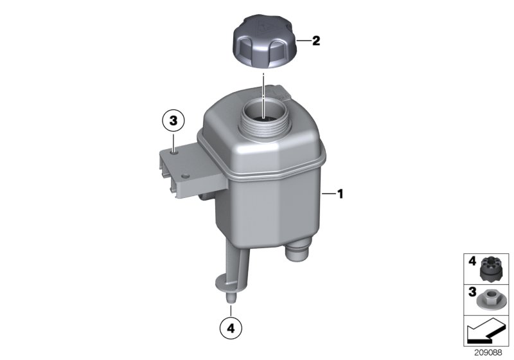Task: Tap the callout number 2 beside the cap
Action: pyautogui.click(x=315, y=42)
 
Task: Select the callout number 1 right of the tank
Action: pyautogui.click(x=341, y=193)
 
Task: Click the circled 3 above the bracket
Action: pyautogui.click(x=173, y=120)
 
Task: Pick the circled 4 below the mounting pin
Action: pyautogui.click(x=231, y=328)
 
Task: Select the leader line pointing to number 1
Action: pyautogui.click(x=328, y=193)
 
